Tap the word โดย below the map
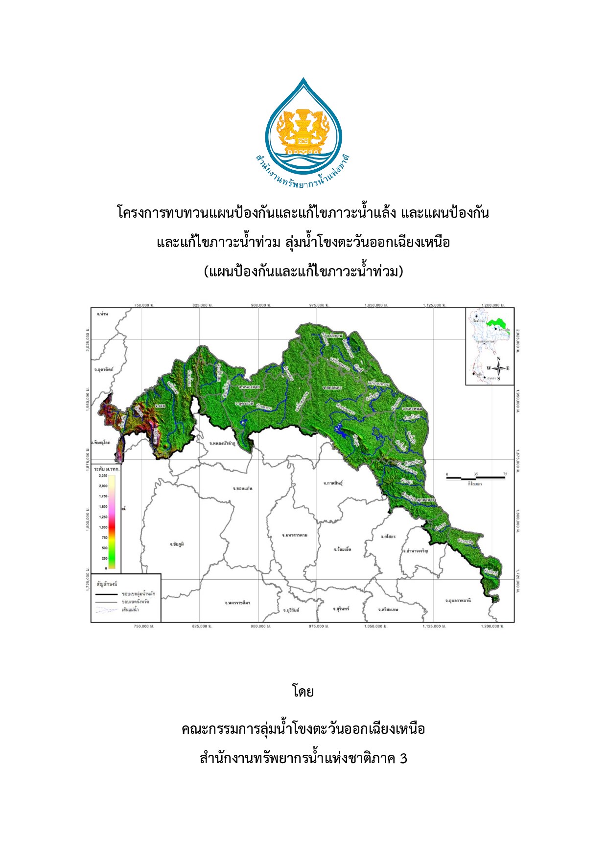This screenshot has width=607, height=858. pos(303,692)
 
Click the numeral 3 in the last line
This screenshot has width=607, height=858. pos(403,758)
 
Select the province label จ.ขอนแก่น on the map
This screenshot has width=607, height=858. pos(242,488)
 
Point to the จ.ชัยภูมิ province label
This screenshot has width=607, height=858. pos(177,544)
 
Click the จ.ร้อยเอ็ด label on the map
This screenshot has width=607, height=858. pos(342,549)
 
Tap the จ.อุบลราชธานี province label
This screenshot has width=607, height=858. pos(458,600)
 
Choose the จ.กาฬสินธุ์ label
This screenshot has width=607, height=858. pos(333,483)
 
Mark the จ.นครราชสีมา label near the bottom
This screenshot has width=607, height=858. pos(237,603)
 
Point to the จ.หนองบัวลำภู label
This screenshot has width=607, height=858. pos(222,443)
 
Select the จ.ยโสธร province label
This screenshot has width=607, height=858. pos(388,537)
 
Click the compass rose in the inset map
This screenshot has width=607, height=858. pos(498,368)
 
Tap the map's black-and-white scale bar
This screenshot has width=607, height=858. pos(475,477)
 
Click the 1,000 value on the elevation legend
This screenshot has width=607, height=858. pos(103,527)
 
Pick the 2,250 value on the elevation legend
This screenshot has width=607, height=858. pos(103,475)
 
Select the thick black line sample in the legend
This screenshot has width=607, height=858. pos(106,594)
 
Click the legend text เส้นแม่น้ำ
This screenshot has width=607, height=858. pos(130,610)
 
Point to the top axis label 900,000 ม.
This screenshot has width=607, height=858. pos(259,305)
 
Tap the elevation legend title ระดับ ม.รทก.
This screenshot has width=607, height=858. pos(107,469)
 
